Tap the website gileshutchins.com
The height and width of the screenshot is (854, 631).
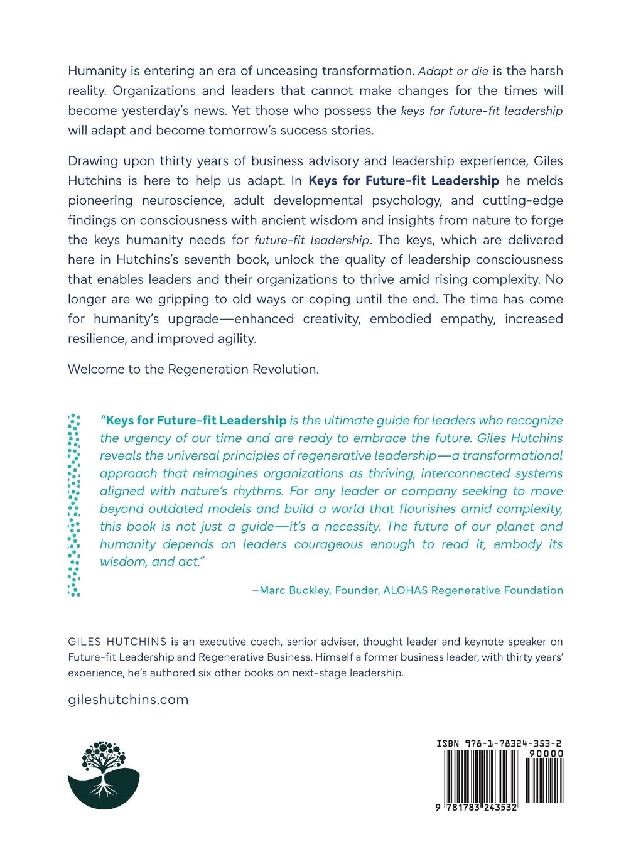click(x=128, y=700)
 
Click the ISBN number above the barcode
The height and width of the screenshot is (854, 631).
click(x=500, y=743)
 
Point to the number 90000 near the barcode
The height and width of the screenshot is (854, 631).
click(x=546, y=754)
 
